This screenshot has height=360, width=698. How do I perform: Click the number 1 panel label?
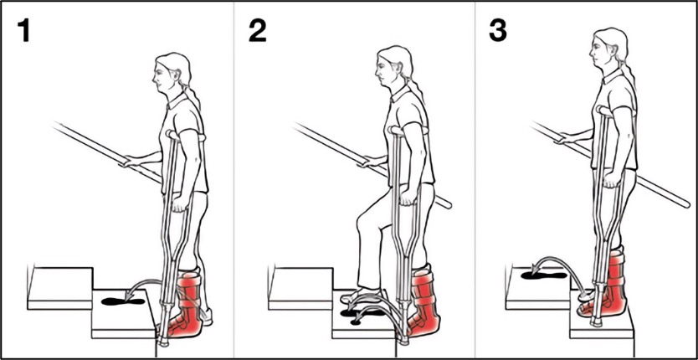23,31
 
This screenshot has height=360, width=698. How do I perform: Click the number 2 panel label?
257,31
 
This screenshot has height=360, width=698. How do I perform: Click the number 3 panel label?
498,31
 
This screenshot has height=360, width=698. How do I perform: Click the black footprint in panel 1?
123,301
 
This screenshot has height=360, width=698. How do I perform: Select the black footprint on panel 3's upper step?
543,275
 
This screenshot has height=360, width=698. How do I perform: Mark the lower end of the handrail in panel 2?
448,205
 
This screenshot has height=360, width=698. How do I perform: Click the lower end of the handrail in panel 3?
685,204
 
